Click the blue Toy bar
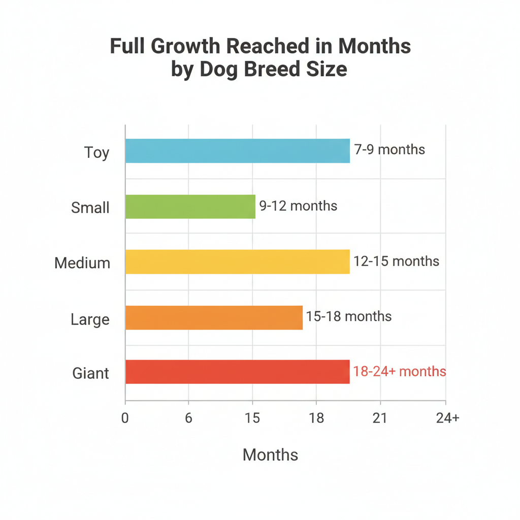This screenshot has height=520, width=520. point(237,151)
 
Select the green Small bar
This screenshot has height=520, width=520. point(190,207)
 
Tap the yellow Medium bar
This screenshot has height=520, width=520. point(237,262)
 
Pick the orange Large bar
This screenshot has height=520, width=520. point(214,317)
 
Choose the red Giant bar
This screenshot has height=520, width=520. point(237,372)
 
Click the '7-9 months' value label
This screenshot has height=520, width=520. point(389,150)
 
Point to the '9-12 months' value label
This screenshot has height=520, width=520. point(298,206)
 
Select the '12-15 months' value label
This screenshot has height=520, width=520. point(397,261)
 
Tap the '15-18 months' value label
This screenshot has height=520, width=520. point(349,316)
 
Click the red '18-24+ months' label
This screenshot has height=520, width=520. point(400,371)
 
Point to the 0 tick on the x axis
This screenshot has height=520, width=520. point(125,418)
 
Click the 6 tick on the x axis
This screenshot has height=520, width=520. point(188,418)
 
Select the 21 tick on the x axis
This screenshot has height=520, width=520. point(380,418)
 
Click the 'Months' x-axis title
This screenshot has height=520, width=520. point(270,454)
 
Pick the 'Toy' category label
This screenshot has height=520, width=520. point(96,152)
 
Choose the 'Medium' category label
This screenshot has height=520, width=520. point(82,263)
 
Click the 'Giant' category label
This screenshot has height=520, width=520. point(90,373)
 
